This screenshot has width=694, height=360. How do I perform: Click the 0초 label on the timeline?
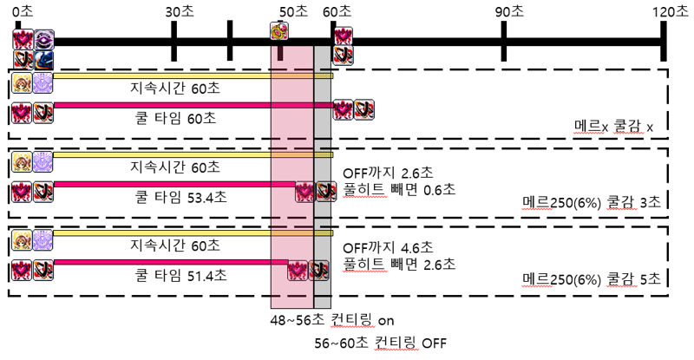click(23, 11)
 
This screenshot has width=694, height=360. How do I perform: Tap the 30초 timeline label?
click(180, 11)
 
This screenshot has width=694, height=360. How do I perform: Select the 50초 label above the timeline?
click(293, 11)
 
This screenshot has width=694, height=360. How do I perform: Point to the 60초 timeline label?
click(337, 11)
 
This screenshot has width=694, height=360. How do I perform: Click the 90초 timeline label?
click(509, 11)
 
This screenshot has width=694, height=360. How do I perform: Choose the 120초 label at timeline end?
click(670, 11)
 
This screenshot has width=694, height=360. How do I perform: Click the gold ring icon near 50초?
click(279, 31)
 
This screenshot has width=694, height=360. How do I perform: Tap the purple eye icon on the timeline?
click(44, 39)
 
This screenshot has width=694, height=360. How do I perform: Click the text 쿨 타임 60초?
click(175, 118)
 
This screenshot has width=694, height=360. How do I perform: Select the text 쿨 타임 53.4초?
click(180, 197)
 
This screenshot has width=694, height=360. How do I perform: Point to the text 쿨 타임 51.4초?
click(180, 276)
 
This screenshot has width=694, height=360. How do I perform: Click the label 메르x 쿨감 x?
click(613, 128)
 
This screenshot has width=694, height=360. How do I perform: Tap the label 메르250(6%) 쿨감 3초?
click(592, 202)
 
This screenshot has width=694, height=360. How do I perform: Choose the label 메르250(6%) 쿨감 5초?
click(592, 279)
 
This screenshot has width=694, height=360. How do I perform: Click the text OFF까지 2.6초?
click(388, 173)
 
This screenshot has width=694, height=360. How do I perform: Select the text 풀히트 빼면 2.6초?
click(399, 265)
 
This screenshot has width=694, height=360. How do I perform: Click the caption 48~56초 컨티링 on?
click(332, 320)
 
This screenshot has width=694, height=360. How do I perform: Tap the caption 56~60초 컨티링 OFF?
click(381, 343)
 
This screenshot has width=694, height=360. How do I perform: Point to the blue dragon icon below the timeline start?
click(44, 60)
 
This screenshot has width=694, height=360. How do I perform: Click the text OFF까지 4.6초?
click(388, 247)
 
